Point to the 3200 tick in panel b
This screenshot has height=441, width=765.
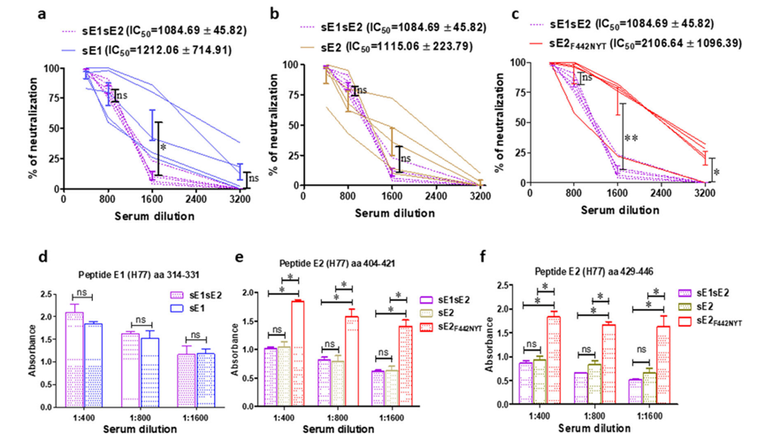(x=480, y=194)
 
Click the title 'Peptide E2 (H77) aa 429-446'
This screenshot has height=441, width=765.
(x=631, y=272)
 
